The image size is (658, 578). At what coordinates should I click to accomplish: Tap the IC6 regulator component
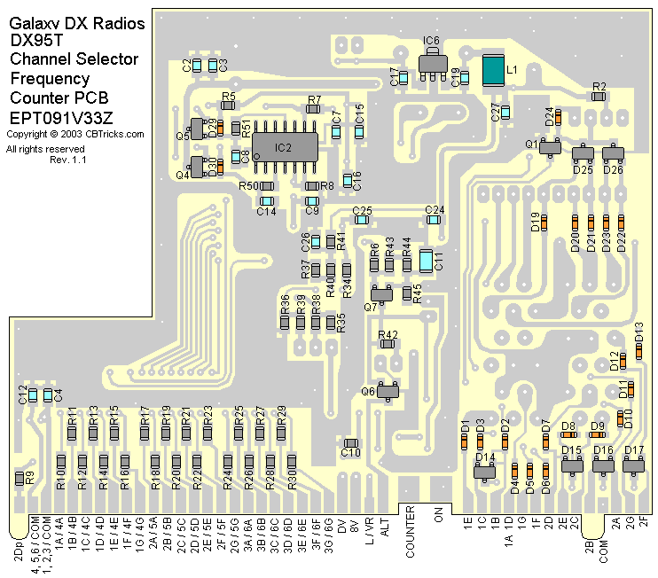(430, 61)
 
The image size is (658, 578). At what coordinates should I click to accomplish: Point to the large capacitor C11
(426, 261)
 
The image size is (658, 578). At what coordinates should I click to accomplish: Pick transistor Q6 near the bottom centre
(387, 390)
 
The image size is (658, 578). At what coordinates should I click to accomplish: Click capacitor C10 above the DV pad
(351, 443)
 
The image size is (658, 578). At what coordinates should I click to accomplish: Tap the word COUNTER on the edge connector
(411, 532)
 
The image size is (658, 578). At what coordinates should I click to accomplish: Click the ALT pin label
(384, 527)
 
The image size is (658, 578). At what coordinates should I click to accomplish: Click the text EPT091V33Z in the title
(61, 118)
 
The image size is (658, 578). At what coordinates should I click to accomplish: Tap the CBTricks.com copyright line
(74, 135)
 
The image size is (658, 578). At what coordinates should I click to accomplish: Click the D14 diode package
(484, 472)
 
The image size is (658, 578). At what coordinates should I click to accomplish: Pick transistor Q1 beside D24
(549, 147)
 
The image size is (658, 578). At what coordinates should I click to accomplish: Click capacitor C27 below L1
(505, 113)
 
